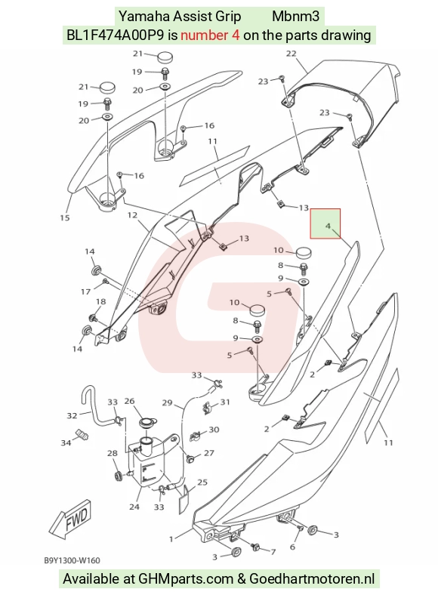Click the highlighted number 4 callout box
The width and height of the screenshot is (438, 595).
coord(325,224)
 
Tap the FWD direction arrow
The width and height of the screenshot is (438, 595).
coord(71,518)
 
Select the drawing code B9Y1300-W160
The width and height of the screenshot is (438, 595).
coord(72,560)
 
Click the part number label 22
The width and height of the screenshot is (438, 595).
coord(291,54)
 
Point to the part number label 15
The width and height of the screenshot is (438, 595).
coord(65,217)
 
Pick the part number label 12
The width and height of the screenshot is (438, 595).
coord(132,215)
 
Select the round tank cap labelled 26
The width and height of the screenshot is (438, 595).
coord(147,422)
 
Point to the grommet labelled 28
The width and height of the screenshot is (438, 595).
coord(118,475)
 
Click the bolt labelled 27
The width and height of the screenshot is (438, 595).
coord(192,459)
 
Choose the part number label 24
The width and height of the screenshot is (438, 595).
coord(134,507)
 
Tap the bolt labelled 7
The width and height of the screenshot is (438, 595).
coord(256,547)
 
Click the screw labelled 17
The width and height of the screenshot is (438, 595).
coord(105,281)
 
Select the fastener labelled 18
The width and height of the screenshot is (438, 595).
coord(92,316)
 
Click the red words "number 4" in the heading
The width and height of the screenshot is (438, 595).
coord(210,35)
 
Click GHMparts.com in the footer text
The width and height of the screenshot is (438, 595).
coord(186,579)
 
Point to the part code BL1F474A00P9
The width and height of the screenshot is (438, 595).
coord(116,35)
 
